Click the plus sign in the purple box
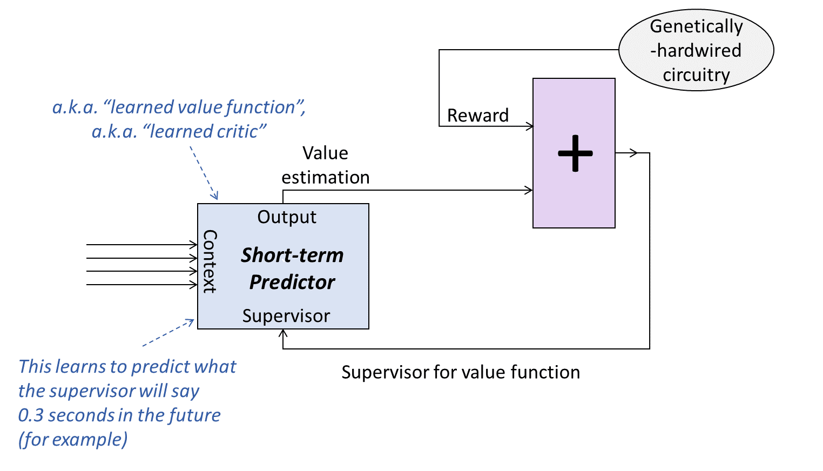575,153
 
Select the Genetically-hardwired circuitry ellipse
696,50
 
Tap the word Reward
478,116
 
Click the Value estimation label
325,165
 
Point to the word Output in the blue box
287,217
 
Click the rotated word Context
210,261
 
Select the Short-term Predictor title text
292,268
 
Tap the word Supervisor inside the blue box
286,316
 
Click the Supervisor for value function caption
461,372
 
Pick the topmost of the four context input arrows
141,245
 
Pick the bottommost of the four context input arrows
141,285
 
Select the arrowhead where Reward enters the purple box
530,126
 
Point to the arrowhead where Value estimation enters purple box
529,190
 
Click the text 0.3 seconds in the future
119,415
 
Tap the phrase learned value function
203,107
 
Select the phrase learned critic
208,132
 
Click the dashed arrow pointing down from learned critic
204,173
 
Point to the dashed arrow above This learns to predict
168,333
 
